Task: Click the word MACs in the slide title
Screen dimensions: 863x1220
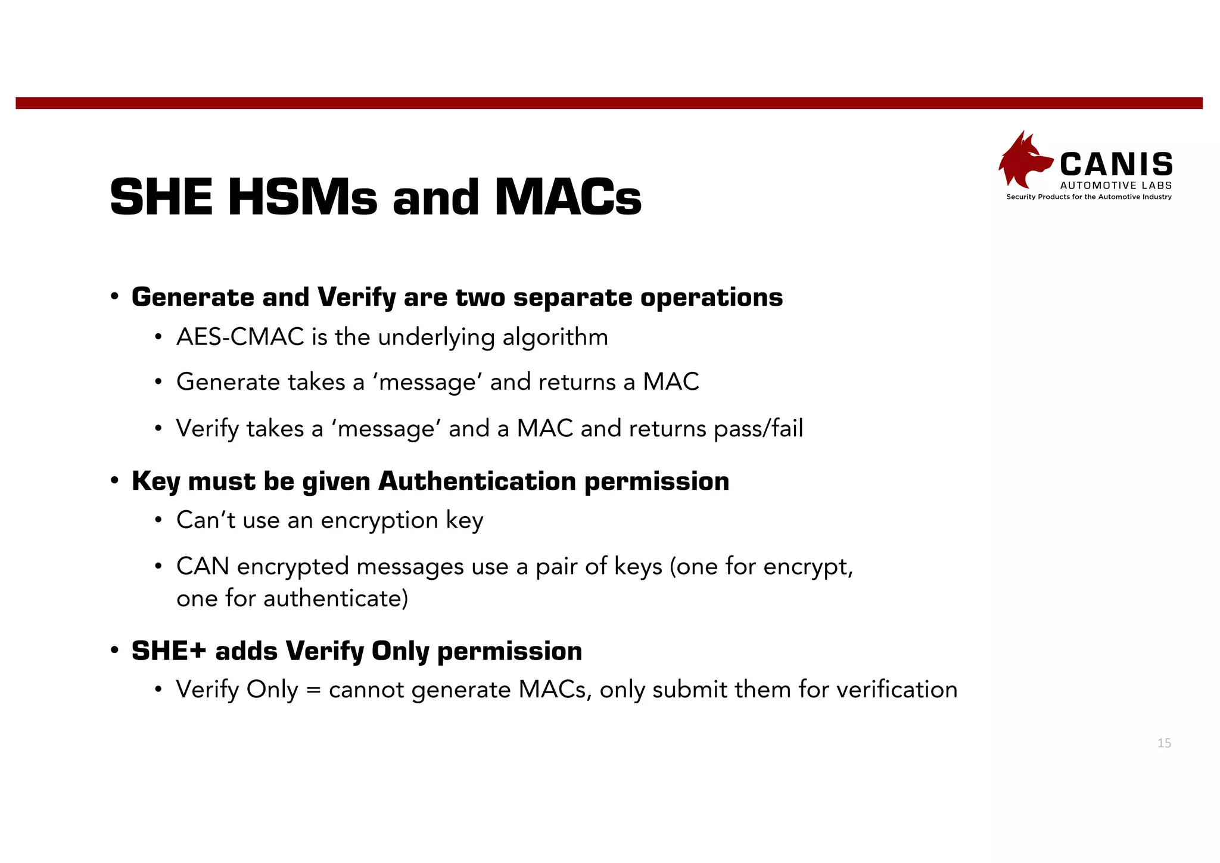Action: click(x=568, y=197)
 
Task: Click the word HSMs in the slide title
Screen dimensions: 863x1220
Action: click(x=303, y=197)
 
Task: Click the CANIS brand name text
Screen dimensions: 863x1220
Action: click(x=1116, y=164)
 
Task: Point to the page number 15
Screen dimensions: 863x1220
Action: click(x=1164, y=743)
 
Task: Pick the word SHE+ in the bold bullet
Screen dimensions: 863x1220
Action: click(x=169, y=651)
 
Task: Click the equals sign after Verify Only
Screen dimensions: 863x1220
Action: click(x=313, y=690)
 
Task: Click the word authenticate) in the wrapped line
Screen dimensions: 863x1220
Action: click(x=335, y=598)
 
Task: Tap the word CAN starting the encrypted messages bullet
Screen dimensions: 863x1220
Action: click(x=203, y=566)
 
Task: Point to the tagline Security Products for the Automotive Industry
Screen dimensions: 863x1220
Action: click(x=1088, y=197)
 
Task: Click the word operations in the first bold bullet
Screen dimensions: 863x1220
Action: click(x=711, y=297)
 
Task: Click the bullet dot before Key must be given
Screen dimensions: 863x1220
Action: click(x=114, y=481)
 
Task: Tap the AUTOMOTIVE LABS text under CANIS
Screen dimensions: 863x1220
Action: click(x=1116, y=186)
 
